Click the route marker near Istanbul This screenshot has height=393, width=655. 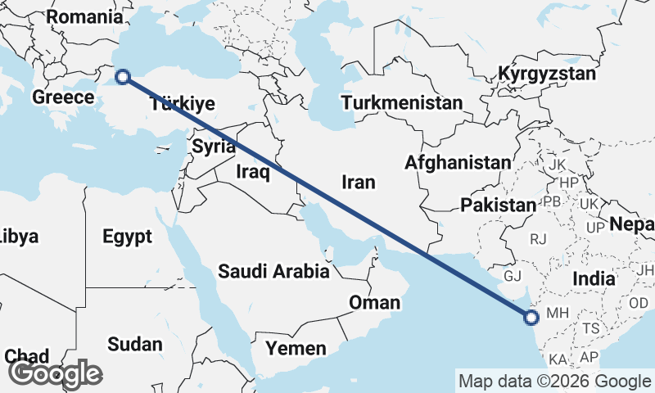(123, 77)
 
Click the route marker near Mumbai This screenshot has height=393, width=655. (531, 317)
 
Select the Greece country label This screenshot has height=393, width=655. (63, 97)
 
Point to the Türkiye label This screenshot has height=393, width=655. (183, 103)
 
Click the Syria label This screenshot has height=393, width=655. (214, 147)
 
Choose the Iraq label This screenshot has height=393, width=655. (252, 171)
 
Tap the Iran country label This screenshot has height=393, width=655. (358, 181)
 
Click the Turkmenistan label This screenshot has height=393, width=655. (403, 103)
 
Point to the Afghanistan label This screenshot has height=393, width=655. (457, 162)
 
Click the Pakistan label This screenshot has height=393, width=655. (497, 205)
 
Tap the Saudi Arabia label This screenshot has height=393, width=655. (273, 271)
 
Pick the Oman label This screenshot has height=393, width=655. (374, 302)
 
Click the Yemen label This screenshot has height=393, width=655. (296, 348)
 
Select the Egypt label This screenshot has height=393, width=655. (128, 237)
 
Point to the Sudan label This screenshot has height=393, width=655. (134, 344)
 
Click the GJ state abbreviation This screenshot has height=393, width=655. (513, 276)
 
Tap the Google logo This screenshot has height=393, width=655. (55, 373)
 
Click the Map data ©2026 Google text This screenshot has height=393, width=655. (554, 381)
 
